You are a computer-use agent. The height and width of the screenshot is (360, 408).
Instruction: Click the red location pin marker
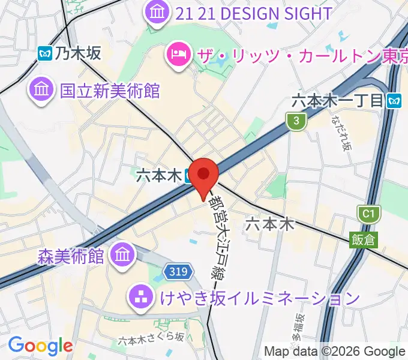pyautogui.click(x=204, y=176)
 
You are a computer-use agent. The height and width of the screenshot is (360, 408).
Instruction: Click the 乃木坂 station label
pyautogui.click(x=78, y=54)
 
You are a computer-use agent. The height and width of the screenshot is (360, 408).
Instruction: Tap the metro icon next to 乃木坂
pyautogui.click(x=44, y=54)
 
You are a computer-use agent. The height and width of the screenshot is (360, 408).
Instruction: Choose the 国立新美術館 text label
pyautogui.click(x=110, y=91)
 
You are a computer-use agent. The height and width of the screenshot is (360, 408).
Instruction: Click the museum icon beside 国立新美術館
pyautogui.click(x=41, y=90)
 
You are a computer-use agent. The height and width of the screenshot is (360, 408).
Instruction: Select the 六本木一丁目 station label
pyautogui.click(x=337, y=100)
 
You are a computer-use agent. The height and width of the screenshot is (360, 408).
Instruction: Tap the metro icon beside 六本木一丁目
pyautogui.click(x=394, y=100)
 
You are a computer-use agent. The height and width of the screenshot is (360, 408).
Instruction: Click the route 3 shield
pyautogui.click(x=296, y=122)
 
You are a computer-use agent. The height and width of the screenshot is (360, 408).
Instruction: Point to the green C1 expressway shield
pyautogui.click(x=369, y=214)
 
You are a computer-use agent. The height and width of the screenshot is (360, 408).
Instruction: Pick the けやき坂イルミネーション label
pyautogui.click(x=258, y=297)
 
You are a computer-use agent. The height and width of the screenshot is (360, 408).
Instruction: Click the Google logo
pyautogui.click(x=40, y=346)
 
